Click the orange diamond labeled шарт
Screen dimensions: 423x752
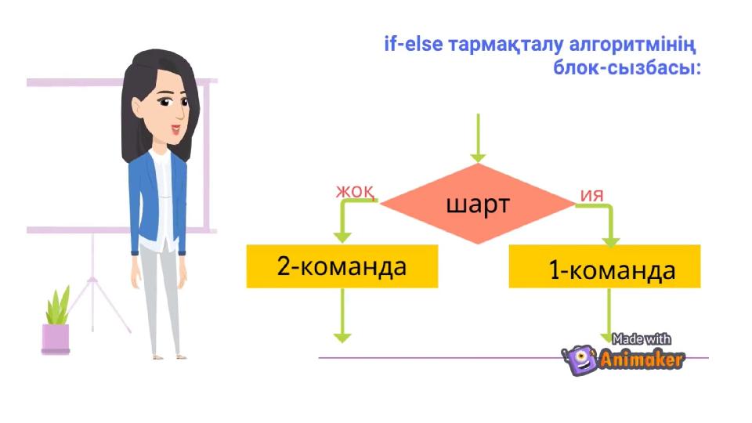point(477,204)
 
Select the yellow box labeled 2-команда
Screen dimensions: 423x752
point(342,266)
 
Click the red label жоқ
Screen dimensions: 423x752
point(355,190)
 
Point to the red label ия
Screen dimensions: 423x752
point(592,193)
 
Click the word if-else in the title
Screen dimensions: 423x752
point(413,43)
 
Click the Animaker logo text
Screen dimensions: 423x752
point(642,360)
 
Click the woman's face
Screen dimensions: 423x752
point(171,110)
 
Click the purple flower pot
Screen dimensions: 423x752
point(56,338)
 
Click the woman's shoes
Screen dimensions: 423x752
point(168,355)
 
